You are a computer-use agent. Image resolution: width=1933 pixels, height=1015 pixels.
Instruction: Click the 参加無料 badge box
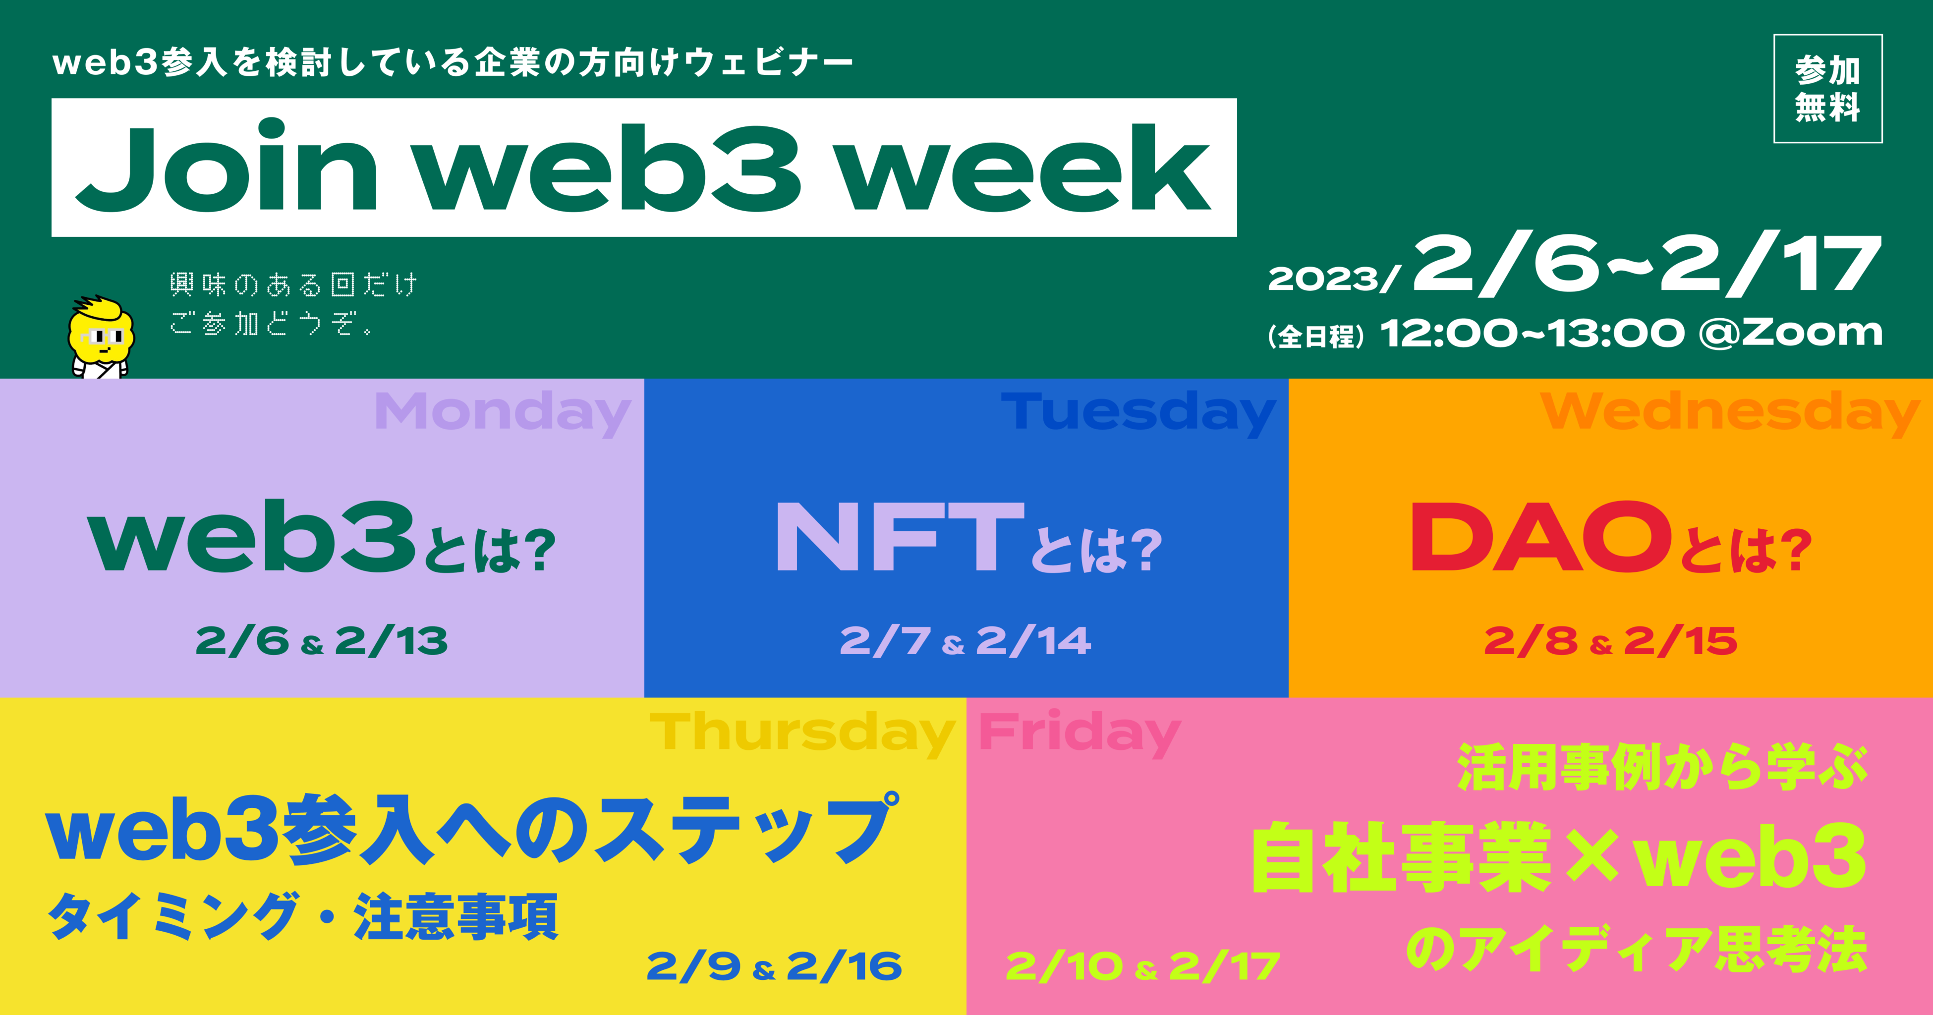tap(1827, 89)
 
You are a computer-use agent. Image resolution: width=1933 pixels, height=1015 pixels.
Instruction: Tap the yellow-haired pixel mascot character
tap(101, 337)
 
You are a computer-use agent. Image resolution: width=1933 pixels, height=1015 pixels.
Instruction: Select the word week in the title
tap(1024, 169)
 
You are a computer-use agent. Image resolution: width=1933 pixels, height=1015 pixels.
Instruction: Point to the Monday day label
tap(503, 413)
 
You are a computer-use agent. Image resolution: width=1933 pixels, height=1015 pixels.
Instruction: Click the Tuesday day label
tap(1138, 413)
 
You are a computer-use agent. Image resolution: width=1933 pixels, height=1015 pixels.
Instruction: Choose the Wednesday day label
tap(1730, 413)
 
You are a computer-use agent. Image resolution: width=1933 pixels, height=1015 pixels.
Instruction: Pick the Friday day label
tap(1080, 733)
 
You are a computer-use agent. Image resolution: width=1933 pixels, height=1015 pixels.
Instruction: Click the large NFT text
tap(901, 536)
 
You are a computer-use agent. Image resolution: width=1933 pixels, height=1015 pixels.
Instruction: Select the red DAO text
tap(1542, 536)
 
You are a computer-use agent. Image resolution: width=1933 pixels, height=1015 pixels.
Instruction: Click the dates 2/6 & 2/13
tap(322, 641)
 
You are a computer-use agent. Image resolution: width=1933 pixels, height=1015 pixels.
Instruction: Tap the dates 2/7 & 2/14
tap(966, 641)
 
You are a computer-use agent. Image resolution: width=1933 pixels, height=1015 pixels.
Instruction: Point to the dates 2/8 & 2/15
tap(1610, 641)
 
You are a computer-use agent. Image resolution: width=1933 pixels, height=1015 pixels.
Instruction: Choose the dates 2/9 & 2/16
tap(774, 966)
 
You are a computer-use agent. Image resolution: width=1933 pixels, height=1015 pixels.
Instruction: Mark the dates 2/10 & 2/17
tap(1142, 966)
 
